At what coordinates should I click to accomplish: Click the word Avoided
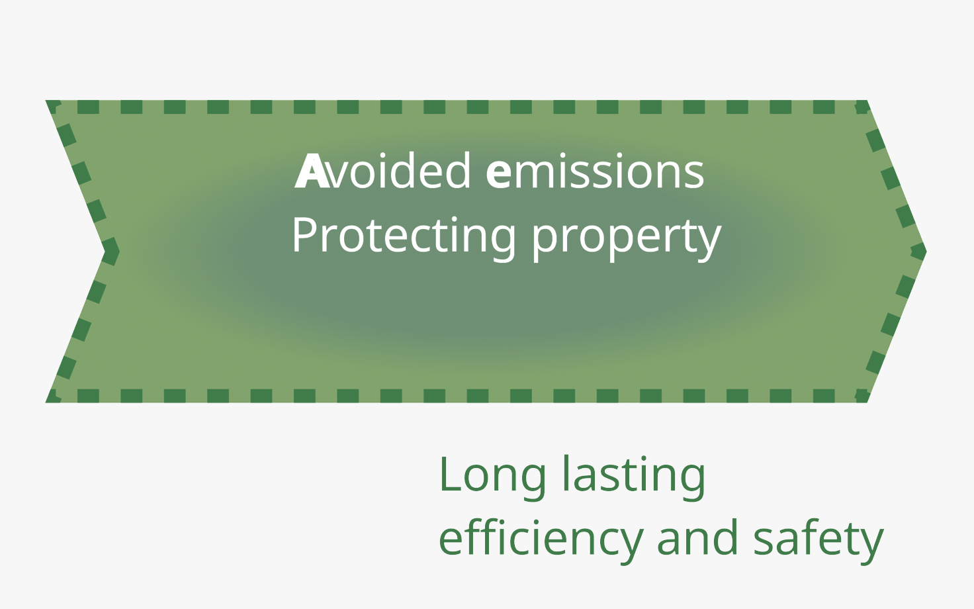[x=382, y=171]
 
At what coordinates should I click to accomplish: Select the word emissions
[x=594, y=171]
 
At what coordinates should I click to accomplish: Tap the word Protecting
[x=404, y=236]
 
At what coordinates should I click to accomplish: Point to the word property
[x=627, y=239]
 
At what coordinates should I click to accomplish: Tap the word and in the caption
[x=697, y=537]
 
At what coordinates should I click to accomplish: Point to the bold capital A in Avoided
[x=312, y=171]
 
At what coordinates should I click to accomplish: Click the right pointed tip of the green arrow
[x=926, y=251]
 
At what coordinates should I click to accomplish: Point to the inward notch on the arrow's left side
[x=105, y=251]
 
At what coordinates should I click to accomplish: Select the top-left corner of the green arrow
[x=46, y=101]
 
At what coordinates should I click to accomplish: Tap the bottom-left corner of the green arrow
[x=46, y=402]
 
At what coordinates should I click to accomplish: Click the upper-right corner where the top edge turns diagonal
[x=867, y=101]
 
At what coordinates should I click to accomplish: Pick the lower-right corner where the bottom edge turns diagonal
[x=867, y=402]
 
